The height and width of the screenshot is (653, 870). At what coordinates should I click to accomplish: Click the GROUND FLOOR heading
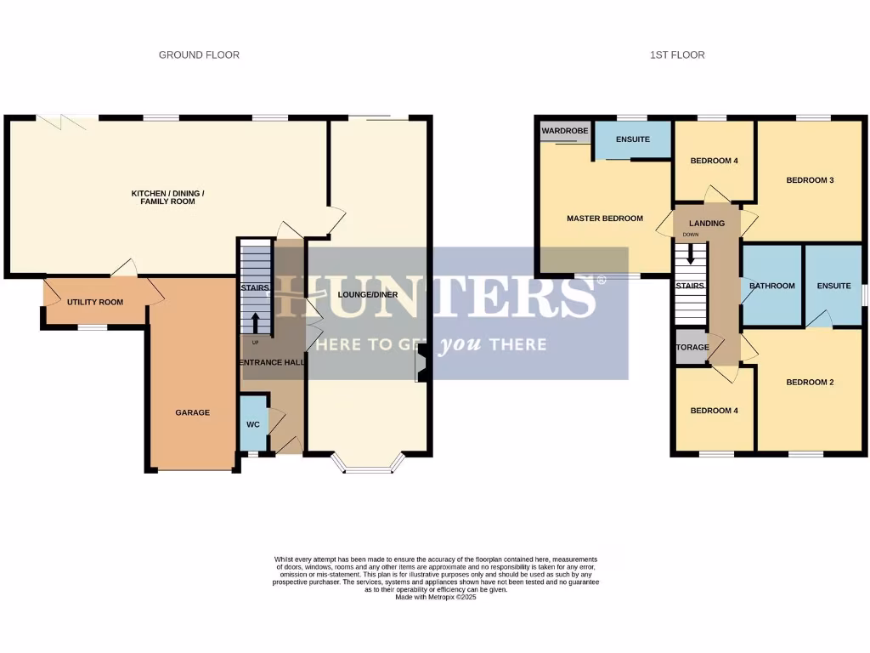[199, 55]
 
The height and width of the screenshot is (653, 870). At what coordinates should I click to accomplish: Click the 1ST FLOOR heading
[677, 55]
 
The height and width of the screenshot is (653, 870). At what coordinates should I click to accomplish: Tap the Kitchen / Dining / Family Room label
[167, 198]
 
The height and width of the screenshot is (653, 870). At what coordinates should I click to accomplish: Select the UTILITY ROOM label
[95, 302]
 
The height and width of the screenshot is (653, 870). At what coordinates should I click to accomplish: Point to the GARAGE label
[192, 412]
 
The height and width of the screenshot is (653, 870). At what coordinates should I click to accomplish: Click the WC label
[252, 424]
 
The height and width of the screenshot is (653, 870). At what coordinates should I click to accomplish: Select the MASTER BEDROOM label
[604, 219]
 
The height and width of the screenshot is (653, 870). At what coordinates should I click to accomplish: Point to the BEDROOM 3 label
[810, 180]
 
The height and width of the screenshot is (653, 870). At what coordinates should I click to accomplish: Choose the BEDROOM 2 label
[810, 383]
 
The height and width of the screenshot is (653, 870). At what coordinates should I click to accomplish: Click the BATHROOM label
[771, 286]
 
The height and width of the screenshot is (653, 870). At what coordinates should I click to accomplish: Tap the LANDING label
[707, 224]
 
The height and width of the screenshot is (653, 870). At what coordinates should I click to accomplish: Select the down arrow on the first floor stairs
[691, 254]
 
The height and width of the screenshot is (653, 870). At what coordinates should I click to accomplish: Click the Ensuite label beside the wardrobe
[632, 139]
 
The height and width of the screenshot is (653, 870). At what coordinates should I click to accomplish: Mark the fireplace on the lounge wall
[420, 368]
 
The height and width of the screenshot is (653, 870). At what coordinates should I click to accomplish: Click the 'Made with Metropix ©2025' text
[436, 598]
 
